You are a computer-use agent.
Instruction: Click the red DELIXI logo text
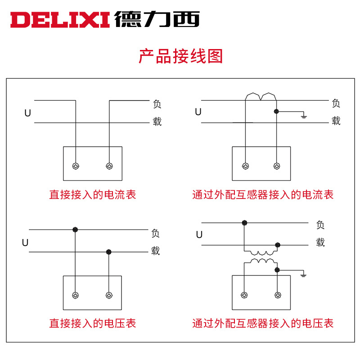pyautogui.click(x=60, y=20)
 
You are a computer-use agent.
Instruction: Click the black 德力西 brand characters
pyautogui.click(x=157, y=19)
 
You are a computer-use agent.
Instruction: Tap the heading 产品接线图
pyautogui.click(x=180, y=57)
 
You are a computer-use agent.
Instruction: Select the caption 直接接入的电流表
pyautogui.click(x=92, y=195)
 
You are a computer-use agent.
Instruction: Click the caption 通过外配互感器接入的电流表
pyautogui.click(x=263, y=195)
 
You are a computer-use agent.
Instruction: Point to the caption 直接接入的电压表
pyautogui.click(x=92, y=323)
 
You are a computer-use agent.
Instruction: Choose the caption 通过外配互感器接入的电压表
pyautogui.click(x=263, y=323)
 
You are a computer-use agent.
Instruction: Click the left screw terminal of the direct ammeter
pyautogui.click(x=76, y=166)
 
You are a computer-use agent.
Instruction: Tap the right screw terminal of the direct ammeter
pyautogui.click(x=109, y=166)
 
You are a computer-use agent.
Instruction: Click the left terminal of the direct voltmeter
pyautogui.click(x=75, y=295)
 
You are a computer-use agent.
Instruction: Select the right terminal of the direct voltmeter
pyautogui.click(x=108, y=295)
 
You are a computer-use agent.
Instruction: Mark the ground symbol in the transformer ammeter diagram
pyautogui.click(x=304, y=117)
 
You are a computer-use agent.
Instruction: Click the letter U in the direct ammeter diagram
pyautogui.click(x=28, y=113)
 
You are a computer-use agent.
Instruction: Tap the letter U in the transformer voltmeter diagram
pyautogui.click(x=199, y=235)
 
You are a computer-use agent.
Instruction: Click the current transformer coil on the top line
pyautogui.click(x=261, y=96)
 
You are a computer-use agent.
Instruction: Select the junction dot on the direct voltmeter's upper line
pyautogui.click(x=75, y=229)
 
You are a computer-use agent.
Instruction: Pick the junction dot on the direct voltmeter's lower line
pyautogui.click(x=108, y=252)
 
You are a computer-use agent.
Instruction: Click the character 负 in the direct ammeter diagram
pyautogui.click(x=157, y=104)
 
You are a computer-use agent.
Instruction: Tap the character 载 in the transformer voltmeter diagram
pyautogui.click(x=320, y=243)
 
